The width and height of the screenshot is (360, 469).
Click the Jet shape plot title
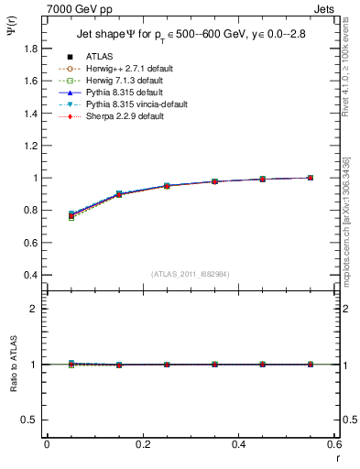(190, 35)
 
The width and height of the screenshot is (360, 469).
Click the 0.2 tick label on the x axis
(142, 444)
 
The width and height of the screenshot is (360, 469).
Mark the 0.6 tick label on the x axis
(334, 444)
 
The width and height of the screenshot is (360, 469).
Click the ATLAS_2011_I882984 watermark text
(190, 274)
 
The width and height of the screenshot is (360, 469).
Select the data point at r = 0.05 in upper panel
(71, 215)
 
